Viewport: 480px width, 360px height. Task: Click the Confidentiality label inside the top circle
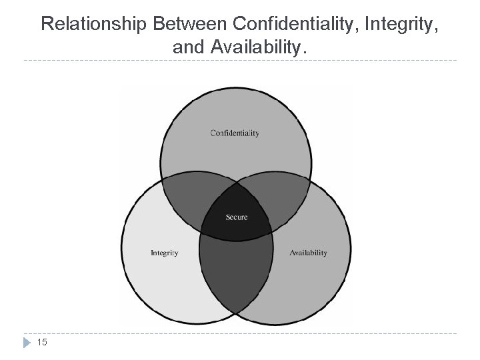tap(235, 133)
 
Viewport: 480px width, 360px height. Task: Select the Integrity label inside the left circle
tap(164, 253)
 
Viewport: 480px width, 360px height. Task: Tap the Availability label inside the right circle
tap(308, 253)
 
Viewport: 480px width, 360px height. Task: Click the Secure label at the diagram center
tap(237, 217)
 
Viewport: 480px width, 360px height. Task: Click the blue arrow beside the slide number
tap(26, 343)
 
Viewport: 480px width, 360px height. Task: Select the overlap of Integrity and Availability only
tap(236, 273)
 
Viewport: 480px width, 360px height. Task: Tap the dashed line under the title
tap(240, 61)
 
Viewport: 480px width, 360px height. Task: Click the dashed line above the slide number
tap(240, 333)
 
